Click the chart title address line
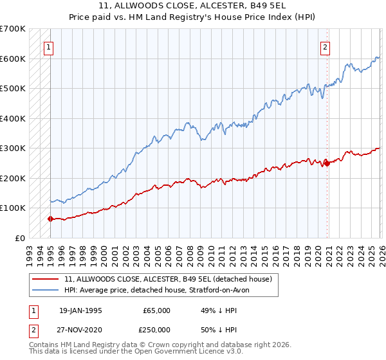click(x=193, y=6)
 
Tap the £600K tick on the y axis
click(x=13, y=59)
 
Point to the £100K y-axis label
click(x=13, y=208)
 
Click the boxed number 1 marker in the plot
click(x=50, y=46)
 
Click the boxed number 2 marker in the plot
click(x=326, y=46)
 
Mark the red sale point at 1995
click(x=50, y=219)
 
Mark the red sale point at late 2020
click(x=327, y=163)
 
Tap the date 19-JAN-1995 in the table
click(x=80, y=310)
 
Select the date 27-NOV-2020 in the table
click(x=80, y=328)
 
